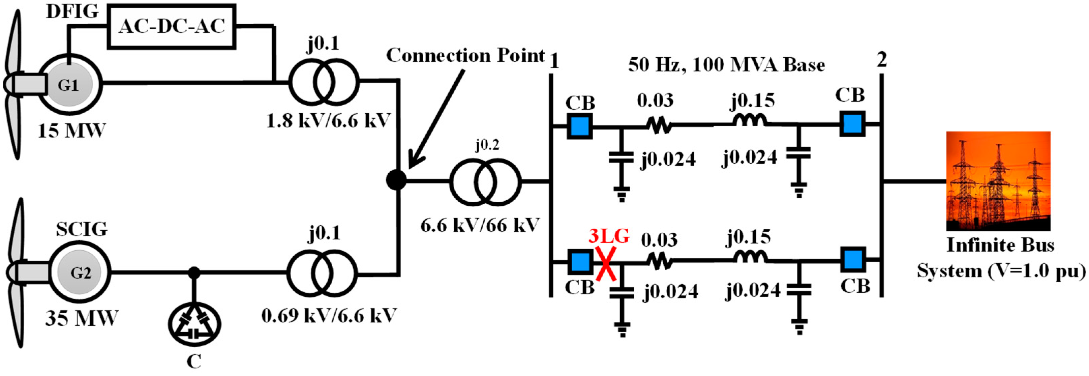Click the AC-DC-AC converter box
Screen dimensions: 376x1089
tap(172, 26)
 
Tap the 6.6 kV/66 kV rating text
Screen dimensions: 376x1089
tap(480, 225)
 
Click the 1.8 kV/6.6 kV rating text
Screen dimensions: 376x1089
tap(328, 121)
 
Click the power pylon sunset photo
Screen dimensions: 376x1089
tap(998, 181)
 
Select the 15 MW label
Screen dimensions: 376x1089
tap(71, 131)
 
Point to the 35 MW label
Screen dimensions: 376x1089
tap(81, 318)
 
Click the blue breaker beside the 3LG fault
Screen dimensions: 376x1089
tap(579, 261)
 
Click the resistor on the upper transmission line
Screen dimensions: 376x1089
tap(658, 125)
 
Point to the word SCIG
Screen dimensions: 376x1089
tap(82, 229)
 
